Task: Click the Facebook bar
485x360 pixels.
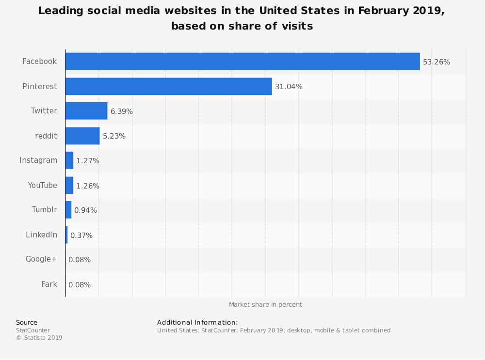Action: click(x=242, y=62)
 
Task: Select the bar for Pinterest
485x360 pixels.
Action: click(x=168, y=86)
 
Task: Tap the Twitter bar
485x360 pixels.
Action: click(x=86, y=111)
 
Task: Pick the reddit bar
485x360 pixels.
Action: click(x=82, y=136)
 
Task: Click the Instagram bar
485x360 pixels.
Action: click(x=69, y=160)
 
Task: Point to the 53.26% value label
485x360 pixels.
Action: click(x=436, y=62)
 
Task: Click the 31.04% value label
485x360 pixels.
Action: click(x=289, y=87)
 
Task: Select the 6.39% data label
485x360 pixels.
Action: click(x=121, y=111)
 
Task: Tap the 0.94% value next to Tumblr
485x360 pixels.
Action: click(x=85, y=210)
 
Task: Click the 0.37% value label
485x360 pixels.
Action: click(x=81, y=235)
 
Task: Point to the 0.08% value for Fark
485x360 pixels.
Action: click(x=79, y=285)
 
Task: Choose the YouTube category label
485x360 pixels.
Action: click(x=42, y=186)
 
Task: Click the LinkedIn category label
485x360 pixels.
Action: click(x=41, y=235)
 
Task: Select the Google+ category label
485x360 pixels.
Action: click(x=41, y=259)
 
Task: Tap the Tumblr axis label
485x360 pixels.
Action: click(x=44, y=210)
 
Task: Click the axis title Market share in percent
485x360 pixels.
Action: click(x=265, y=305)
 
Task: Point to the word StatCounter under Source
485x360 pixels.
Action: click(x=33, y=330)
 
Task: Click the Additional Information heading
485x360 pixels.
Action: click(x=197, y=322)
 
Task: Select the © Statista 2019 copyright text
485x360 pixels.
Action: click(x=39, y=338)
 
